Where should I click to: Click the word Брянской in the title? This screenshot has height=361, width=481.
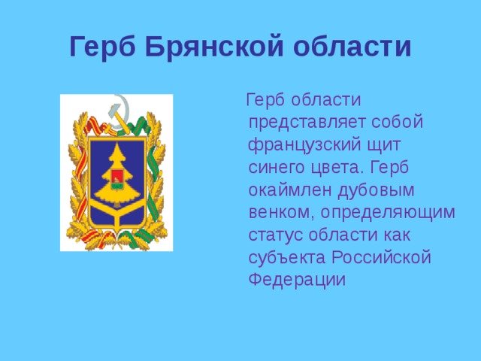click(214, 47)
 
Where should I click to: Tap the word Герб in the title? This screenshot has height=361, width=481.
click(102, 47)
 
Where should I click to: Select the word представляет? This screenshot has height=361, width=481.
click(307, 123)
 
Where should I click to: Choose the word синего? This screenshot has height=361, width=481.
click(277, 168)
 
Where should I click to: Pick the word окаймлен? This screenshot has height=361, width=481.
click(290, 190)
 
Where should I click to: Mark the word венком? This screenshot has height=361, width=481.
click(281, 213)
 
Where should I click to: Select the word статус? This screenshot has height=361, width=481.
click(276, 235)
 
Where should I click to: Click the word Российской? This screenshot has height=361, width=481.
click(381, 257)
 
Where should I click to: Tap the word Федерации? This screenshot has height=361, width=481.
click(297, 280)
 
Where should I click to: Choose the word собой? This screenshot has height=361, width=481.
click(398, 121)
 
